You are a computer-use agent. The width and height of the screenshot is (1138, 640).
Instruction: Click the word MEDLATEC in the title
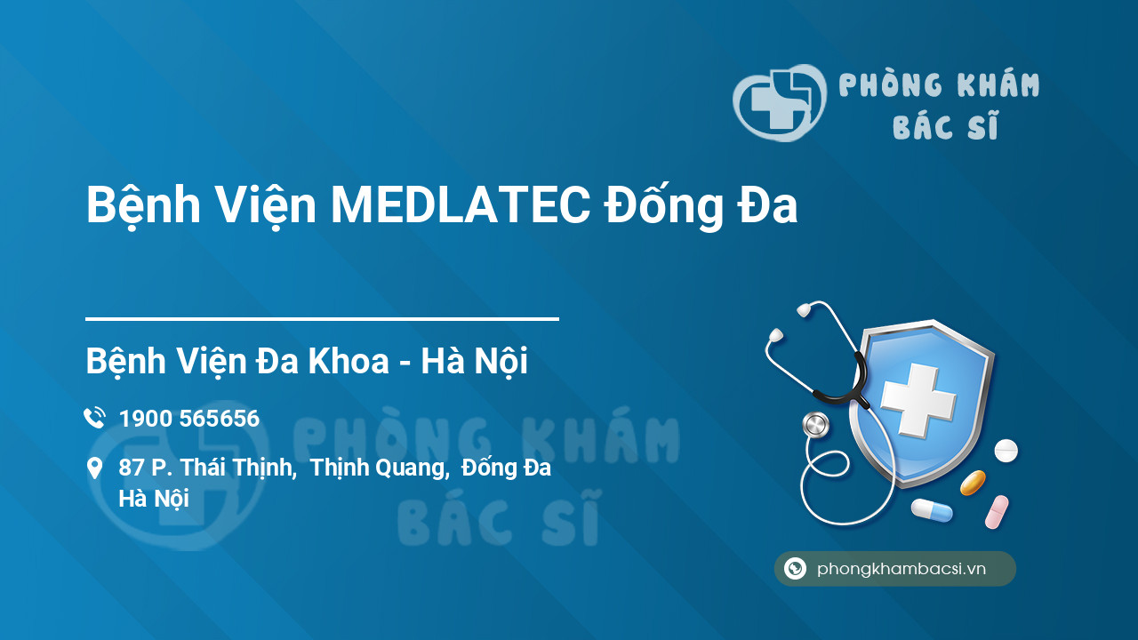click(x=459, y=206)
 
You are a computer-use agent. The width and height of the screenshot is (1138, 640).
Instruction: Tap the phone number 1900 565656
click(x=188, y=419)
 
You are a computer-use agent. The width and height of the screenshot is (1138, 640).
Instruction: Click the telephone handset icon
click(x=94, y=418)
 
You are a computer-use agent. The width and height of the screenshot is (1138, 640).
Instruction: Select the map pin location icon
click(x=94, y=468)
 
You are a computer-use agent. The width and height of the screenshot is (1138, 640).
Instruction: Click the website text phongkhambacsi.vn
click(x=902, y=569)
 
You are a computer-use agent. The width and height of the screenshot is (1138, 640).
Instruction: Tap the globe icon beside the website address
click(x=795, y=569)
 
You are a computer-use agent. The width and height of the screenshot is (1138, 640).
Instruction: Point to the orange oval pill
click(x=973, y=483)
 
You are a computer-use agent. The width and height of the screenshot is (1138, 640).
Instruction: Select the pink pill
click(x=997, y=512)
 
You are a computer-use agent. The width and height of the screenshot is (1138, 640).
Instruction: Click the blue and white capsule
click(x=931, y=510)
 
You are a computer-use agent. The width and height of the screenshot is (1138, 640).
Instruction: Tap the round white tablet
click(x=1006, y=451)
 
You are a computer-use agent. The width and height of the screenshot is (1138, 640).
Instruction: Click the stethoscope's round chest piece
click(x=815, y=425)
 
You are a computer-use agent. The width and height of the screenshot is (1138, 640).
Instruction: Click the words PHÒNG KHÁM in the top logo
click(x=939, y=85)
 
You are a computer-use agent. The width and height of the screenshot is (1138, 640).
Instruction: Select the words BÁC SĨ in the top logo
click(x=945, y=128)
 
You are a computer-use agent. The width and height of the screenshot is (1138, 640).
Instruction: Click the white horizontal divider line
click(x=322, y=318)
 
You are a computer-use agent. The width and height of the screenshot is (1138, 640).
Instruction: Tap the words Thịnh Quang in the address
click(x=378, y=468)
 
